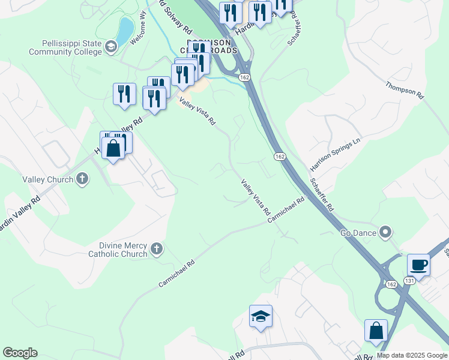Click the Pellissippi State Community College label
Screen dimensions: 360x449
point(72,47)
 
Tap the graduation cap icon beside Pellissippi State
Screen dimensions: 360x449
point(111,47)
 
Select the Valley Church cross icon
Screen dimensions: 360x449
point(82,179)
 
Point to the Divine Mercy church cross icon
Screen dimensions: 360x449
point(157,249)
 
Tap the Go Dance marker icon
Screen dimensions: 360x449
point(385,232)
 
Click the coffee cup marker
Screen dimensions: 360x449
point(418,265)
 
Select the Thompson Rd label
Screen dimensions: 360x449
point(405,90)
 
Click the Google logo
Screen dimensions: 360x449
point(20,353)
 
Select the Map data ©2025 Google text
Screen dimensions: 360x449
point(412,355)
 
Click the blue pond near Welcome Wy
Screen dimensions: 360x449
point(125,31)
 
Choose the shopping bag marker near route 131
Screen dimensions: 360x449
point(376,331)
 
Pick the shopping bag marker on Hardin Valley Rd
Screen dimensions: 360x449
point(113,148)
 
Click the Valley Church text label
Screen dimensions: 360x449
point(47,179)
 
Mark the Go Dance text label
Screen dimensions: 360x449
point(358,233)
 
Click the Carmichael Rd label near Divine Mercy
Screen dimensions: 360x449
point(177,273)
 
